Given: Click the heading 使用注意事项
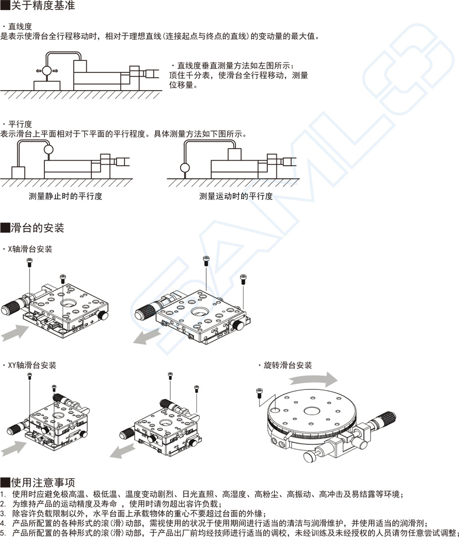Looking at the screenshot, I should point(38,482).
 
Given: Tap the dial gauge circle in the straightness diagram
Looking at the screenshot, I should point(47,71).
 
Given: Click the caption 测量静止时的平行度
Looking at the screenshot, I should point(66,196).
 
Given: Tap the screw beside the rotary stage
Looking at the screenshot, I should point(260,391).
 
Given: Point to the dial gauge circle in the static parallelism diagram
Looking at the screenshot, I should point(48,149).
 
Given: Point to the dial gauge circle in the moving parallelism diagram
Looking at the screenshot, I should point(185,167).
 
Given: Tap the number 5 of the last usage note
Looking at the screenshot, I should point(3,532).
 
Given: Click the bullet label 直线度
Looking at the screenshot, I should point(20,26).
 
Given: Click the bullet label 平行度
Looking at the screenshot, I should point(20,124).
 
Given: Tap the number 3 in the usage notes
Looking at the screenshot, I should point(3,513).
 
